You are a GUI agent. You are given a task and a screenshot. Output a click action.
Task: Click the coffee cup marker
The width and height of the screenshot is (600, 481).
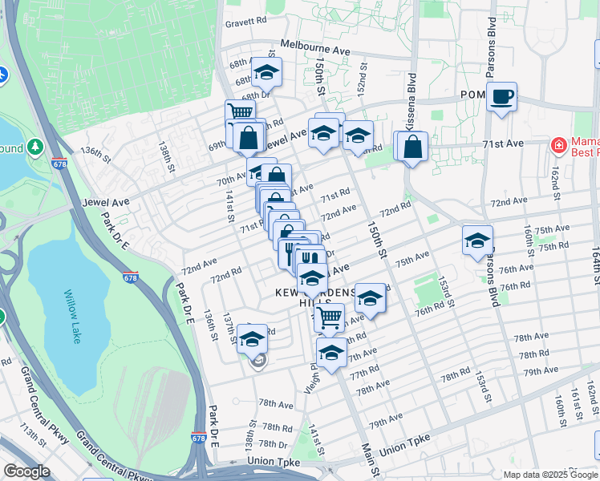tap(502, 97)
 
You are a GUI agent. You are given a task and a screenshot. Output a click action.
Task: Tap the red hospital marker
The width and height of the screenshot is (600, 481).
tap(557, 145)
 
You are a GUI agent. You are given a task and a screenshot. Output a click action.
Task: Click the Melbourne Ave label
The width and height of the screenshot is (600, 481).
tap(315, 49)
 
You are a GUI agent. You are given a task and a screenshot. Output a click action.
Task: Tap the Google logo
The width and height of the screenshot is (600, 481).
tap(26, 471)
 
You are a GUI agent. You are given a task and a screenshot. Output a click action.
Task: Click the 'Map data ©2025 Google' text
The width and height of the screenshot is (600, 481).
tap(550, 475)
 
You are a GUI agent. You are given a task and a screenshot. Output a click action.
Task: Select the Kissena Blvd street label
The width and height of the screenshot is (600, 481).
tap(410, 100)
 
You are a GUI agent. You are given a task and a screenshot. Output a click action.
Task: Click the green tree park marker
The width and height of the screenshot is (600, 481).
tap(34, 148)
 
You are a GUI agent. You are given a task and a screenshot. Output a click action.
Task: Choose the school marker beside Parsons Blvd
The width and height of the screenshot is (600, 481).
tap(477, 240)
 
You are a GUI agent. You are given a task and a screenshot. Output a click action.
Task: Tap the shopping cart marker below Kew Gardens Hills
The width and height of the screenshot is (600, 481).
tap(329, 318)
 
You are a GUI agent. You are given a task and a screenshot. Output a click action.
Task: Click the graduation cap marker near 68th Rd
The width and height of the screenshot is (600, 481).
tap(266, 73)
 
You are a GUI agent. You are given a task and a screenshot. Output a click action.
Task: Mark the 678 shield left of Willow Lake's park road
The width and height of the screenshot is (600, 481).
tap(130, 277)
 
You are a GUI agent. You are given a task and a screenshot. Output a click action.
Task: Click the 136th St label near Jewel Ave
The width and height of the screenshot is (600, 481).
tap(95, 152)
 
